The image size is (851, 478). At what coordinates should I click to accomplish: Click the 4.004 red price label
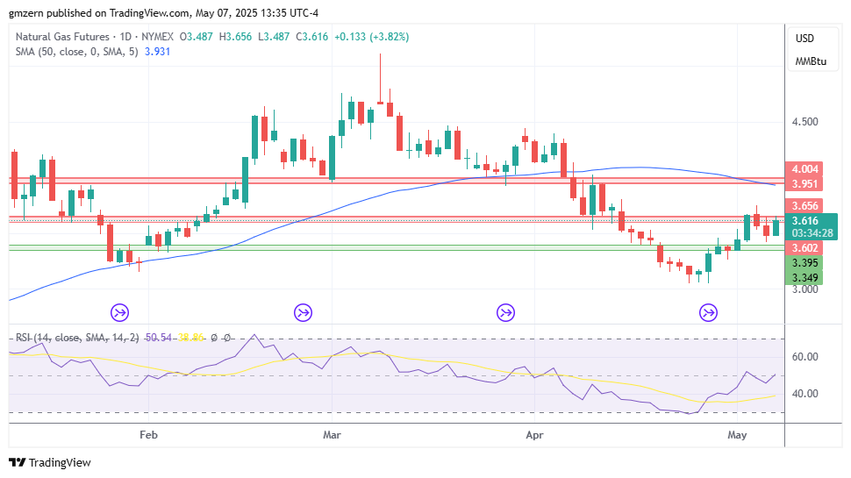[x=805, y=169]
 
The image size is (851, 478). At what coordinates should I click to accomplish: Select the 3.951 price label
[x=805, y=184]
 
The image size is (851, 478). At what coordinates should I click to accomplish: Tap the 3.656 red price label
[x=805, y=206]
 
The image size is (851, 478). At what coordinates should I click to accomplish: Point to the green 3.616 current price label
[x=805, y=221]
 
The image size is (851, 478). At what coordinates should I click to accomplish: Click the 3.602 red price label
[x=805, y=248]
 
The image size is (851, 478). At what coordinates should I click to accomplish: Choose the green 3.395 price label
[x=805, y=263]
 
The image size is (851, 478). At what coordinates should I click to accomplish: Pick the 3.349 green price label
[x=805, y=278]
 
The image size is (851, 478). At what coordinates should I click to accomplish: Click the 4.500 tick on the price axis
[x=805, y=122]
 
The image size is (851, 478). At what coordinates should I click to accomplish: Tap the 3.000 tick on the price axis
[x=805, y=289]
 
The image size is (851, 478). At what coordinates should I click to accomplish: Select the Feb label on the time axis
[x=148, y=434]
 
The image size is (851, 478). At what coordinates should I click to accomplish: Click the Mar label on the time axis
[x=332, y=434]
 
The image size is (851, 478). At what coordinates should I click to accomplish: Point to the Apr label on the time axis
[x=533, y=434]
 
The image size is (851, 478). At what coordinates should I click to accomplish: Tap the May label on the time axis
[x=738, y=434]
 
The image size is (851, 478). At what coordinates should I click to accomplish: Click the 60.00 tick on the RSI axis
[x=805, y=357]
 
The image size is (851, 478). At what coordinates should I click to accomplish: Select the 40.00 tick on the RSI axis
[x=805, y=393]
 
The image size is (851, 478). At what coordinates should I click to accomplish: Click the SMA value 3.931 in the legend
[x=157, y=52]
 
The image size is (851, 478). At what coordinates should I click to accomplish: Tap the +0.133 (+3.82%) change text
[x=371, y=37]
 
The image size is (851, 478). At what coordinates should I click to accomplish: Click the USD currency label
[x=805, y=39]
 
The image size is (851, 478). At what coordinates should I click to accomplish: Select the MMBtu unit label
[x=811, y=61]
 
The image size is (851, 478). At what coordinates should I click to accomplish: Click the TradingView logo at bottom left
[x=50, y=462]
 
